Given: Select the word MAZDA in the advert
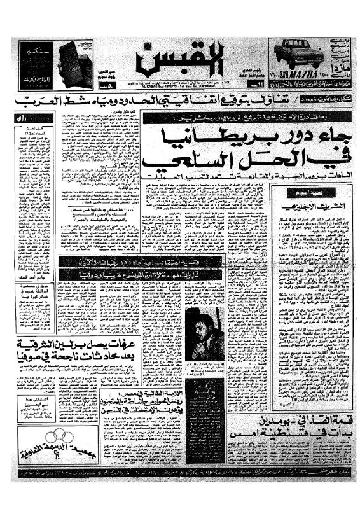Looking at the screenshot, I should click(x=305, y=73).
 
